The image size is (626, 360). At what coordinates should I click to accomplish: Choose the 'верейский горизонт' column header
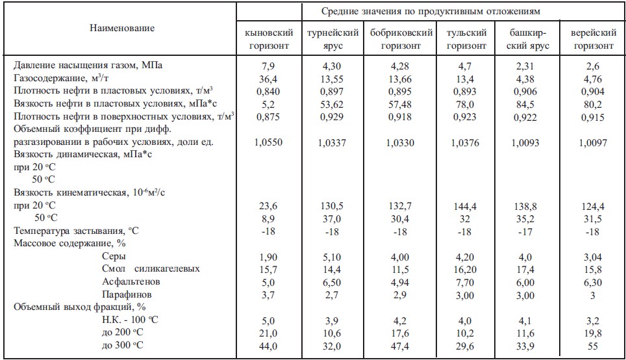592,39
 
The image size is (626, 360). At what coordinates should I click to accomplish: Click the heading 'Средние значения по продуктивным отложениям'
431,11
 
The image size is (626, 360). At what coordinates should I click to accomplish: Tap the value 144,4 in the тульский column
465,205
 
